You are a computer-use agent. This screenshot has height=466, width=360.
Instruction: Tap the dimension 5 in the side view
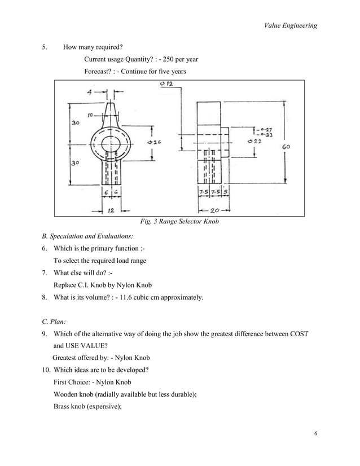point(226,192)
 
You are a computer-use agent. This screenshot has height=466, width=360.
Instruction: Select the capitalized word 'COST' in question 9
point(296,333)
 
